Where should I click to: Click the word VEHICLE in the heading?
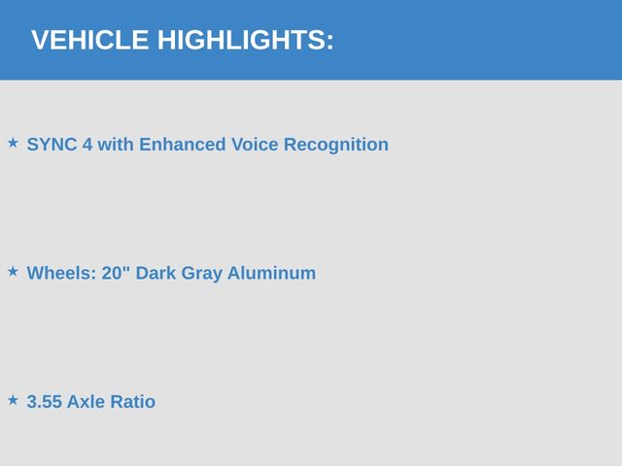click(90, 40)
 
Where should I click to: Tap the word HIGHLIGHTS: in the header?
click(246, 40)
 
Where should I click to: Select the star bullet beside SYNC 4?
click(13, 143)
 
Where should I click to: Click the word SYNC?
click(52, 145)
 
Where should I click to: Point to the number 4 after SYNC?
click(87, 145)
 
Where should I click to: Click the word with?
click(116, 145)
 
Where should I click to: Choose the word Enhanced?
click(183, 145)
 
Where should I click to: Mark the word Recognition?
click(336, 145)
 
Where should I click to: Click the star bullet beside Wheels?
click(13, 272)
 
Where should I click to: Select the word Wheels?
click(61, 273)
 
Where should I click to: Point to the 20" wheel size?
click(116, 273)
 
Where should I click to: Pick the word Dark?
click(155, 273)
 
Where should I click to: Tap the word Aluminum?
click(272, 273)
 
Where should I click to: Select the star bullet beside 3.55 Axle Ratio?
click(13, 400)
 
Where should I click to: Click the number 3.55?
click(45, 401)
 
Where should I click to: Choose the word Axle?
click(86, 401)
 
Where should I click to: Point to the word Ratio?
click(133, 401)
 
